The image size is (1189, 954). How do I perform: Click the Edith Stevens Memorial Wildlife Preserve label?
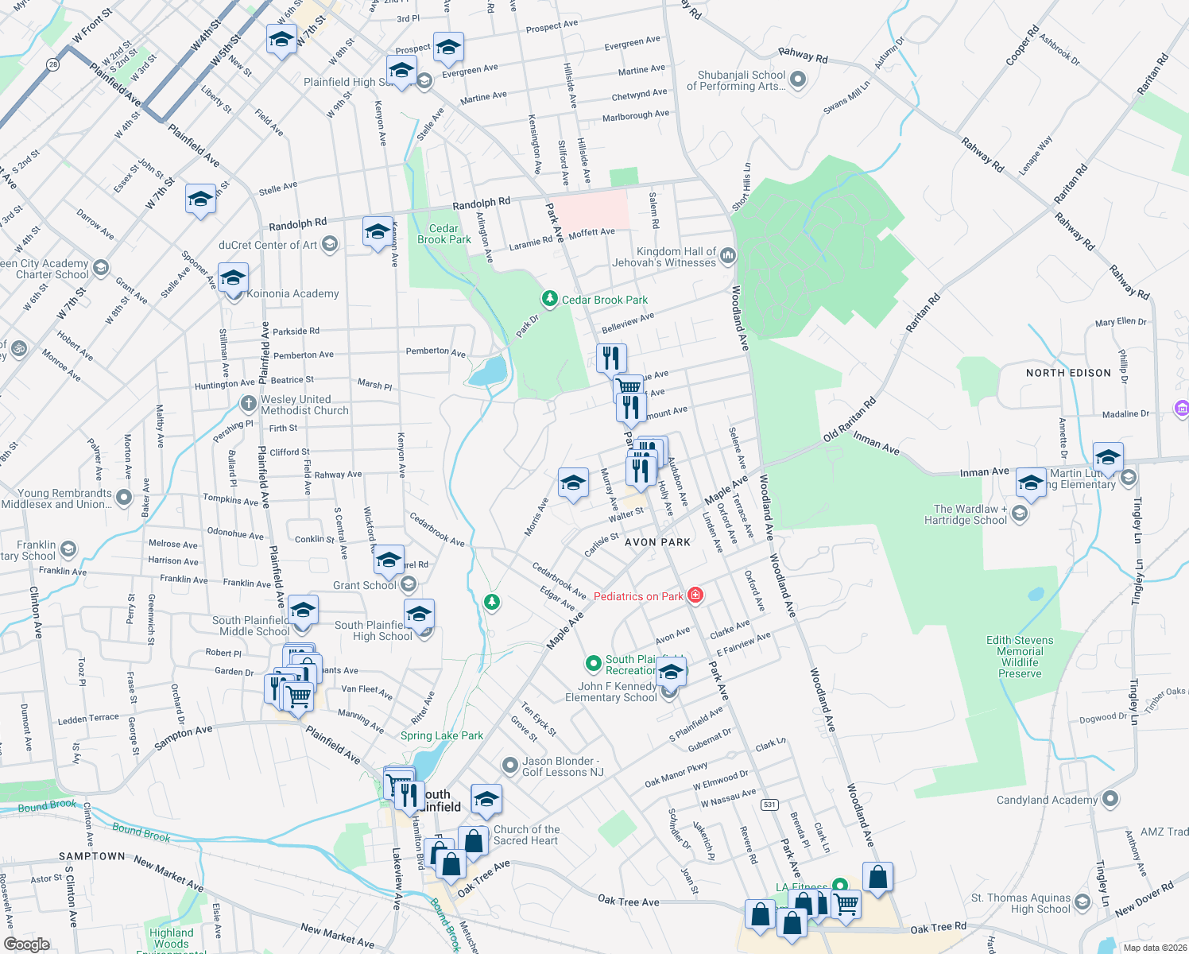pyautogui.click(x=1020, y=657)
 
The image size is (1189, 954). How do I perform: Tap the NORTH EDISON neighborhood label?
pyautogui.click(x=1068, y=373)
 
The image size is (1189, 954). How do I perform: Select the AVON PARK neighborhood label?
pyautogui.click(x=657, y=542)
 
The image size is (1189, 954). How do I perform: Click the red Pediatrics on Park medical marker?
pyautogui.click(x=695, y=595)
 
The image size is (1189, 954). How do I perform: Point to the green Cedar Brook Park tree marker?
pyautogui.click(x=549, y=299)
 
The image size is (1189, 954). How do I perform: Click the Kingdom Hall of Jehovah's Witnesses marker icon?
pyautogui.click(x=728, y=256)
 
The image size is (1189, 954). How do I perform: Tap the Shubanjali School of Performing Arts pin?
pyautogui.click(x=799, y=79)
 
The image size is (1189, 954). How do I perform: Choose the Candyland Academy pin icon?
pyautogui.click(x=1110, y=799)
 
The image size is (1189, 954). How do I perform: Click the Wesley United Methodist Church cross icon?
pyautogui.click(x=248, y=404)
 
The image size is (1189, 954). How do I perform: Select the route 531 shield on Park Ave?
pyautogui.click(x=769, y=805)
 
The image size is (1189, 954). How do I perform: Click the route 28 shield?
pyautogui.click(x=52, y=65)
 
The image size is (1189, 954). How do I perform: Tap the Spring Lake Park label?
pyautogui.click(x=441, y=735)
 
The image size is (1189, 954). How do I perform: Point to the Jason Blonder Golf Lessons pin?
pyautogui.click(x=509, y=766)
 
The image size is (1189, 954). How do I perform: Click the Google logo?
pyautogui.click(x=26, y=944)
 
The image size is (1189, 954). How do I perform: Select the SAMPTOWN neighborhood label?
pyautogui.click(x=91, y=856)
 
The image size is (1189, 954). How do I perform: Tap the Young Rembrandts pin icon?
pyautogui.click(x=123, y=498)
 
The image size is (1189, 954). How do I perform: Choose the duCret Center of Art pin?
pyautogui.click(x=330, y=245)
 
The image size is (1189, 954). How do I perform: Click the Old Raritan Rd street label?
pyautogui.click(x=849, y=420)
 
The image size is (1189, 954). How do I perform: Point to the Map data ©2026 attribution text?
pyautogui.click(x=1152, y=948)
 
